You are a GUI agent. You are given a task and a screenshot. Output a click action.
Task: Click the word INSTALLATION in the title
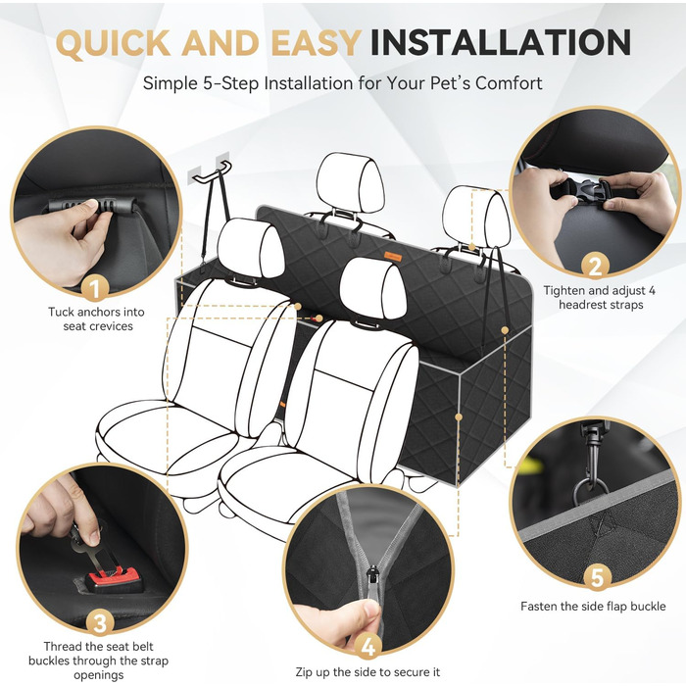pos(501,42)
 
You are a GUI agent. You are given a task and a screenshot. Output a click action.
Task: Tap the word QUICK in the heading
pos(113,43)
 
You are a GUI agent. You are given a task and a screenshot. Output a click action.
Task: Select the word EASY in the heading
pos(316,42)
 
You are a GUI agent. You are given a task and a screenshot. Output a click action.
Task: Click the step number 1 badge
pos(95,289)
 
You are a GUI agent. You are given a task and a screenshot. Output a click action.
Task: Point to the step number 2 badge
pos(595,267)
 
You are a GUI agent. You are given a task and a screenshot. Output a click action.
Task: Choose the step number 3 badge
pos(100,623)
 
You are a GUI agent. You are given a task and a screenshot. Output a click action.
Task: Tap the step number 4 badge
pos(367,647)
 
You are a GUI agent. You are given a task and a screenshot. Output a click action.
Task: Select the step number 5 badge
pos(597,577)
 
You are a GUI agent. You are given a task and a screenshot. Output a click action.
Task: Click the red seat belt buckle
pos(114,580)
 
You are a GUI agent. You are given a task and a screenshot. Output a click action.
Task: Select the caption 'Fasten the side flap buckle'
pos(593,607)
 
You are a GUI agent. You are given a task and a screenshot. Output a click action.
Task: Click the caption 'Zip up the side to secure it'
pos(367,672)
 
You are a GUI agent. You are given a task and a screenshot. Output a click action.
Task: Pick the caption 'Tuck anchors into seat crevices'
pos(97,318)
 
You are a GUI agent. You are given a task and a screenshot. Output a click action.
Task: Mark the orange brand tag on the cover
pos(393,257)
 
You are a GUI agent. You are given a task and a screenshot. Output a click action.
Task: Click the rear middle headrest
pos(350,183)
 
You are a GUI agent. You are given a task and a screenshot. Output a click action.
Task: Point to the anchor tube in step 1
pos(91,205)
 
